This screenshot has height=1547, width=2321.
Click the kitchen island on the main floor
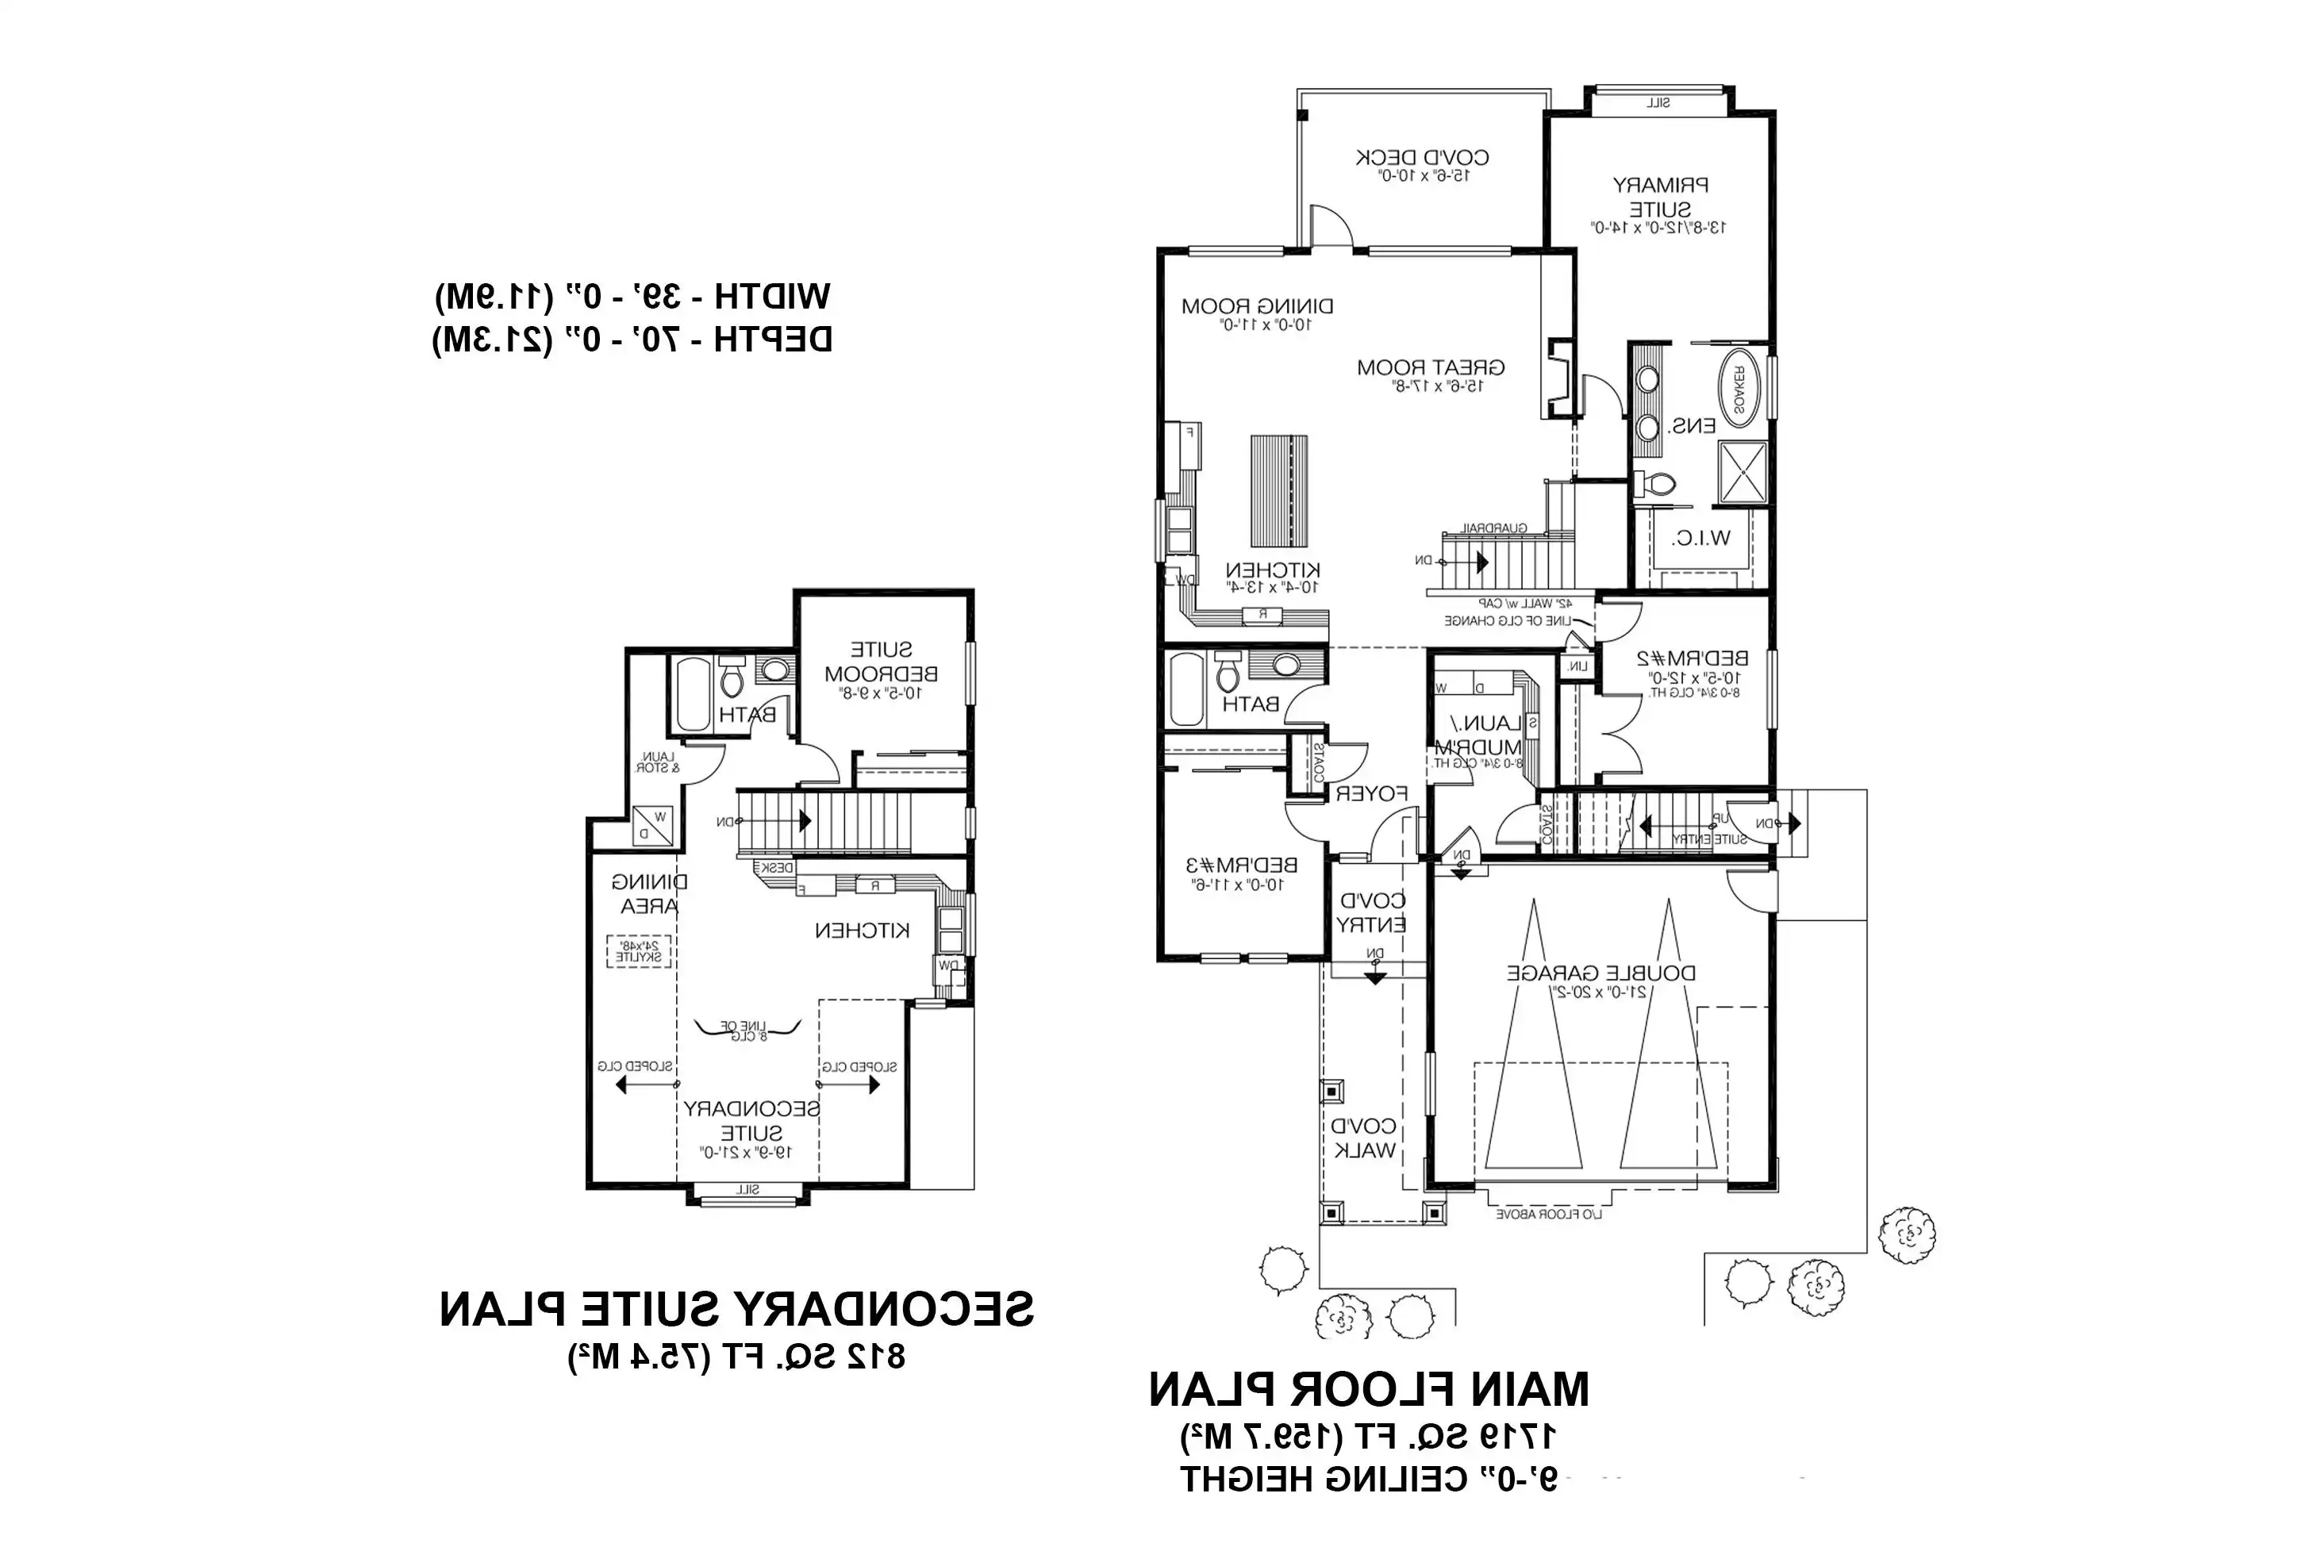1279,490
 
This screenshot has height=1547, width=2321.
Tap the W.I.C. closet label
1700,539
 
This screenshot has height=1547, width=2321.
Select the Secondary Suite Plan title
736,1309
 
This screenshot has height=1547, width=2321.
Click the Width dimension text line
632,295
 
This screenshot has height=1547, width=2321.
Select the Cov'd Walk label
1364,1138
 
